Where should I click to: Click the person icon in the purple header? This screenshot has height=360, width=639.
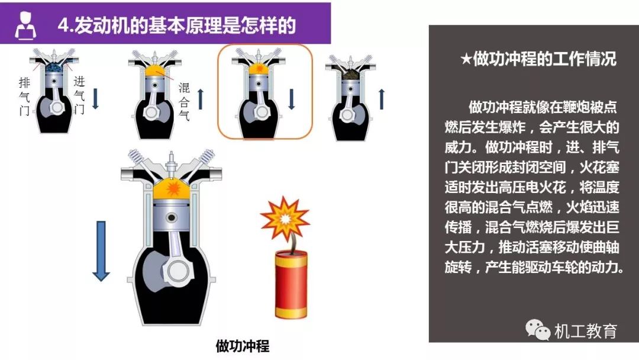pyautogui.click(x=25, y=25)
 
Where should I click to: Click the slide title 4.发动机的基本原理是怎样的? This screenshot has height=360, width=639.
pyautogui.click(x=176, y=25)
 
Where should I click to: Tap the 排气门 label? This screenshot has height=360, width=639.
pyautogui.click(x=24, y=97)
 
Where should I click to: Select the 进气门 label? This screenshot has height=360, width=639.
pyautogui.click(x=79, y=95)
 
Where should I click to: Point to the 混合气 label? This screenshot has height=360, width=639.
pyautogui.click(x=184, y=101)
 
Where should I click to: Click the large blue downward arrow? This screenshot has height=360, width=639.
pyautogui.click(x=101, y=251)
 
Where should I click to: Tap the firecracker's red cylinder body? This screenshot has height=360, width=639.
pyautogui.click(x=291, y=285)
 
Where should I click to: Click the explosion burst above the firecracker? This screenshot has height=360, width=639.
pyautogui.click(x=285, y=219)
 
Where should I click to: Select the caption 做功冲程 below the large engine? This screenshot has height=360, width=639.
pyautogui.click(x=243, y=346)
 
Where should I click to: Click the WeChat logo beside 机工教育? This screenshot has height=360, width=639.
pyautogui.click(x=537, y=329)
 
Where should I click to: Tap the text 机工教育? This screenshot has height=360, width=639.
pyautogui.click(x=586, y=330)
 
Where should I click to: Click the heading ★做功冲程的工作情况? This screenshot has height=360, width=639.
pyautogui.click(x=538, y=59)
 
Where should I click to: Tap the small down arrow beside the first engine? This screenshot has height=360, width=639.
pyautogui.click(x=95, y=99)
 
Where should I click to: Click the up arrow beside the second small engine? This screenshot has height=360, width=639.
pyautogui.click(x=200, y=99)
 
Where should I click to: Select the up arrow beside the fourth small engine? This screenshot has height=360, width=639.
pyautogui.click(x=382, y=99)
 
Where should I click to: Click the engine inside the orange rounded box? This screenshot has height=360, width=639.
pyautogui.click(x=259, y=94)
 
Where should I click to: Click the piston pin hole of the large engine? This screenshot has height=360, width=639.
pyautogui.click(x=172, y=218)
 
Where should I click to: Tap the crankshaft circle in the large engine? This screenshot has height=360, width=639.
pyautogui.click(x=179, y=271)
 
